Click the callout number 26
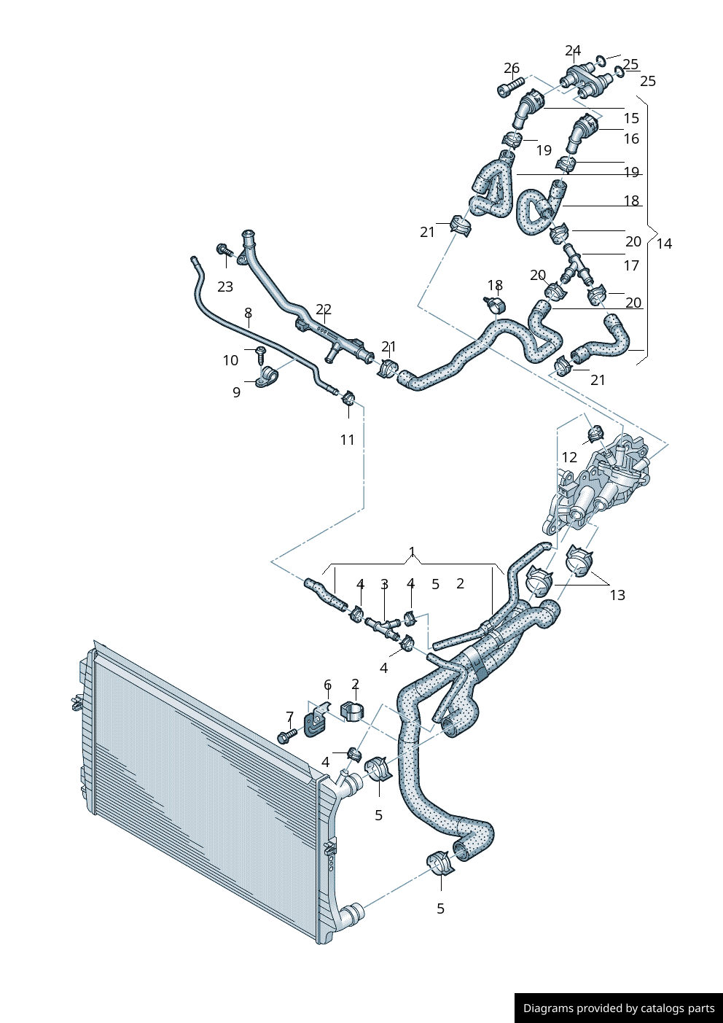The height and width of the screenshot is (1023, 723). point(512,68)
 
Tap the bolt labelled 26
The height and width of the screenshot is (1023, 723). point(509,87)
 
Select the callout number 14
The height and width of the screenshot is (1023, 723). point(664,244)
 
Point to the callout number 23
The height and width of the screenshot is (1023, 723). point(225,287)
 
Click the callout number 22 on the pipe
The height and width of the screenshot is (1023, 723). point(324,309)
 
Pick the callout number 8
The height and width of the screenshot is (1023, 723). point(249,313)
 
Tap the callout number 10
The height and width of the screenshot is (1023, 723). point(230,360)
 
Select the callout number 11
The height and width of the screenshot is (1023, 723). point(348,440)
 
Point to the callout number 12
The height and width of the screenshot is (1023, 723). point(569,457)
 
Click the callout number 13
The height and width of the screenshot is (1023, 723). point(617,595)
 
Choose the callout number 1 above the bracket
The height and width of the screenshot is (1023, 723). point(413,551)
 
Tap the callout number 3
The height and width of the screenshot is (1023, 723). point(384,583)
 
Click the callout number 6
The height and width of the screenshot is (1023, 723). point(327,685)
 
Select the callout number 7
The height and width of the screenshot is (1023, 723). point(290,717)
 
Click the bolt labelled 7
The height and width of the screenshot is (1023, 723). point(287,735)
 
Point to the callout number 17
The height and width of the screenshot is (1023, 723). point(631,265)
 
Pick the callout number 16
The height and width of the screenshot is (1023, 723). point(631,139)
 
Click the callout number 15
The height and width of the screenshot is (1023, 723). point(631,118)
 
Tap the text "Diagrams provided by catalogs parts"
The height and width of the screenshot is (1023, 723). point(619,1008)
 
